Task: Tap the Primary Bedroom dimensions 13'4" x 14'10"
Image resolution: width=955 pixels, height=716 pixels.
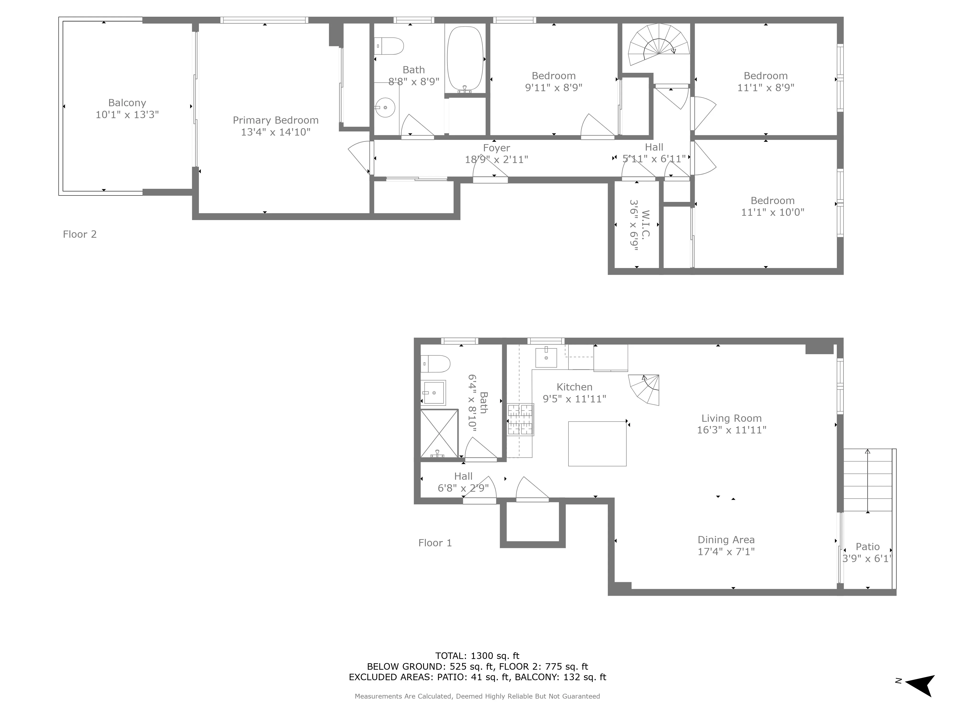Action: pos(276,132)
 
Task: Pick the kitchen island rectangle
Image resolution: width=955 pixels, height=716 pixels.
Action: pos(597,444)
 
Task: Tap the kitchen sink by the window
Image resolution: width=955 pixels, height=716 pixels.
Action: pos(546,357)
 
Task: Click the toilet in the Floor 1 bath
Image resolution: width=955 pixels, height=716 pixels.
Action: pos(435,364)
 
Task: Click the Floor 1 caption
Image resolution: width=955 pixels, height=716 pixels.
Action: pos(435,543)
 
